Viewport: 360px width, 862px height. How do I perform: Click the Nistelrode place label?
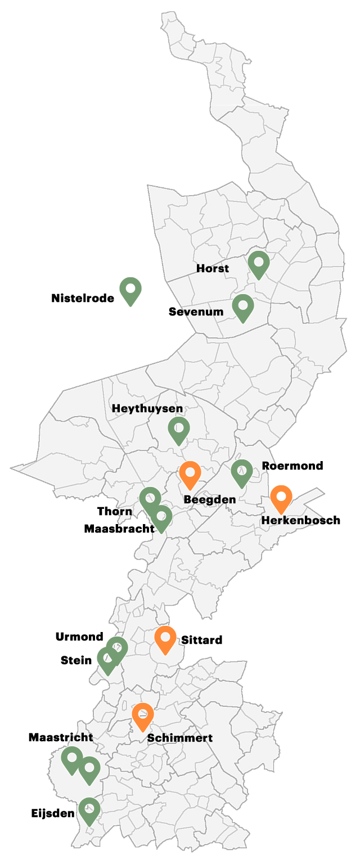pyautogui.click(x=83, y=298)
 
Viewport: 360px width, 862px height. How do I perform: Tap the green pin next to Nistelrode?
pyautogui.click(x=130, y=289)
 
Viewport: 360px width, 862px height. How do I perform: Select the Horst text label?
pyautogui.click(x=213, y=268)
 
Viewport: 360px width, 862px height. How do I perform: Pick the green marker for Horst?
pyautogui.click(x=259, y=263)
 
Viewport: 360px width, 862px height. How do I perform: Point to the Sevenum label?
pyautogui.click(x=196, y=312)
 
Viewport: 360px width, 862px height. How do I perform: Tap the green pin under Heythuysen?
pyautogui.click(x=179, y=429)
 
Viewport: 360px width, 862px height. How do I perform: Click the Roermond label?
pyautogui.click(x=292, y=466)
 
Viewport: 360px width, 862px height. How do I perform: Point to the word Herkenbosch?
pyautogui.click(x=301, y=521)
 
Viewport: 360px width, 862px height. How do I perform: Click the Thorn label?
pyautogui.click(x=115, y=511)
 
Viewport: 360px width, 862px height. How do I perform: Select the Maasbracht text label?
pyautogui.click(x=119, y=529)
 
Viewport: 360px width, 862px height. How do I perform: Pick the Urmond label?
pyautogui.click(x=79, y=637)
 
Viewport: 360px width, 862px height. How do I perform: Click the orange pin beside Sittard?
pyautogui.click(x=165, y=638)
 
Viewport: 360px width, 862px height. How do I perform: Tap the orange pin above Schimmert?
pyautogui.click(x=143, y=715)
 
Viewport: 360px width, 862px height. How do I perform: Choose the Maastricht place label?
pyautogui.click(x=61, y=737)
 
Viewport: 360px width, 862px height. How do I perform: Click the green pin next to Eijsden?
pyautogui.click(x=89, y=810)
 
